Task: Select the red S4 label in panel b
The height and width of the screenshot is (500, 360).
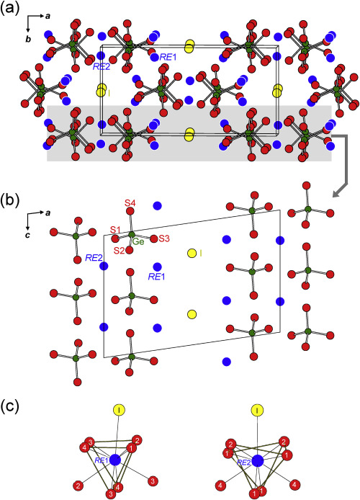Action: click(x=130, y=202)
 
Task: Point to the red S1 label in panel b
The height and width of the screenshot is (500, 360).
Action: click(x=116, y=229)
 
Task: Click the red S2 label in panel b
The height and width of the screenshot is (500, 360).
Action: click(x=119, y=251)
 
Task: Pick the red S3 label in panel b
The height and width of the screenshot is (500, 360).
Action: click(x=164, y=238)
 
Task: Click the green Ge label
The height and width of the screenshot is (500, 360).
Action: click(x=138, y=241)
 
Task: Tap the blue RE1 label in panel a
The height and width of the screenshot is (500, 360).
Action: click(x=168, y=58)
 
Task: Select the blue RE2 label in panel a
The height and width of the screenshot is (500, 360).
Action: click(x=101, y=66)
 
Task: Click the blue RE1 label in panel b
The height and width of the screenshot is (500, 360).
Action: click(x=157, y=277)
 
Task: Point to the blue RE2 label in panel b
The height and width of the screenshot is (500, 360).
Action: click(x=94, y=258)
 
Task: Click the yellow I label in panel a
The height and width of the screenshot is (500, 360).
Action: click(x=109, y=93)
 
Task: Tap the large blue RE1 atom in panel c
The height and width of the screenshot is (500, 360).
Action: click(x=115, y=460)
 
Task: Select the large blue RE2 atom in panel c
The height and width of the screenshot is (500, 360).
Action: click(x=258, y=461)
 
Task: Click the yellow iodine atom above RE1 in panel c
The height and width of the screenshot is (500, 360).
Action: click(x=119, y=410)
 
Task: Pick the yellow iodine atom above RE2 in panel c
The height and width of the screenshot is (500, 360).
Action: click(x=257, y=410)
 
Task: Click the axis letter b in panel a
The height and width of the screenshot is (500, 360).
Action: click(x=28, y=40)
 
